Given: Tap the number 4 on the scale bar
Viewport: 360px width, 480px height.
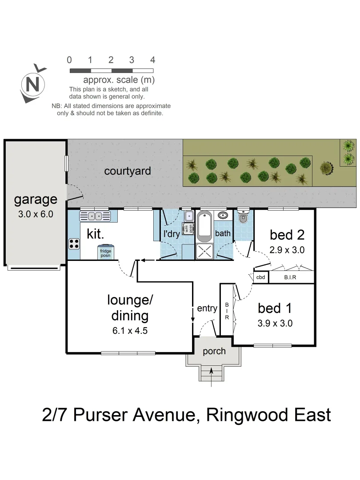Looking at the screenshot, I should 153,60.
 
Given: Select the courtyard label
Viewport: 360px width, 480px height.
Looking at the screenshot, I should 128,171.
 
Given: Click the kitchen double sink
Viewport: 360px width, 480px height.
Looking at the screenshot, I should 95,216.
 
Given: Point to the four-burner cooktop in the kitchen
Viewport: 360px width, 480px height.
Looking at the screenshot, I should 74,244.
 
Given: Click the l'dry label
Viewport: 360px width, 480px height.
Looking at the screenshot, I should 172,234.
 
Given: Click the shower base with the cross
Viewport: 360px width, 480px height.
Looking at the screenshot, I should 205,251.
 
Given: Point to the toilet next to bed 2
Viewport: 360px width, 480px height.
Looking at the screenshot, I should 243,218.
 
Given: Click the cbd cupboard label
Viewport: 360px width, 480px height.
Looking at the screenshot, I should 261,277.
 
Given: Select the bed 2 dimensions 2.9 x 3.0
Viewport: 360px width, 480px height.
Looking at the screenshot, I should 287,250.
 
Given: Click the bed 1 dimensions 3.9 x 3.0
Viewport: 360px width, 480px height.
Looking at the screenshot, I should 275,324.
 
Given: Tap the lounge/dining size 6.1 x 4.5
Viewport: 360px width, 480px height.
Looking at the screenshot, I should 130,331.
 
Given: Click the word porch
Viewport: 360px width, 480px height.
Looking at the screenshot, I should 214,351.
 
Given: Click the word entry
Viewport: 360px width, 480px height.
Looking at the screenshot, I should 207,308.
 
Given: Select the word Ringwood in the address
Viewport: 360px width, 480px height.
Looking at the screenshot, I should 246,415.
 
